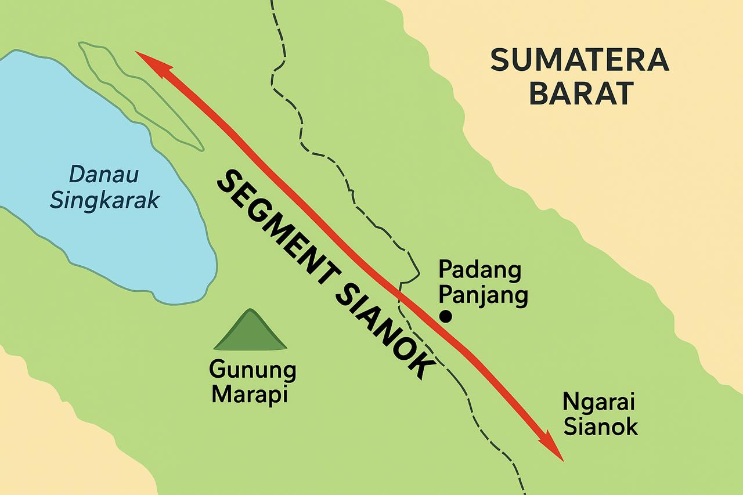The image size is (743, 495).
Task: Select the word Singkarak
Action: coord(104,200)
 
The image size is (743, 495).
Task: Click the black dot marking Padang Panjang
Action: coord(446,316)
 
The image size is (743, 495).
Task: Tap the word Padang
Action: coord(479,270)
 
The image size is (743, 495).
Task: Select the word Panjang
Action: coord(483,296)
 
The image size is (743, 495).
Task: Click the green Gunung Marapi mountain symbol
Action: coord(250,334)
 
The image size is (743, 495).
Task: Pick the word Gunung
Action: coord(253,370)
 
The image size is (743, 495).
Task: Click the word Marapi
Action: coord(250,395)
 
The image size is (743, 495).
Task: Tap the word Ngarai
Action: coord(598,402)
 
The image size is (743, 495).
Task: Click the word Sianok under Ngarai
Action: coord(601,427)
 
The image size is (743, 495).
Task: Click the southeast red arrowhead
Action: coord(551,449)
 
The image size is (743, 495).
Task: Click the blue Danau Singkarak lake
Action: coord(87,232)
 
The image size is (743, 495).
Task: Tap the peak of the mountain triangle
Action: coord(250,311)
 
